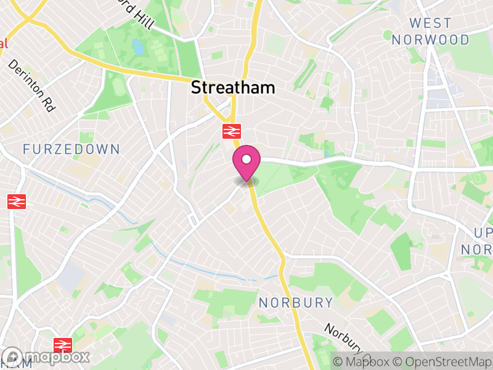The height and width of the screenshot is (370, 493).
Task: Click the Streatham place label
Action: point(233,88)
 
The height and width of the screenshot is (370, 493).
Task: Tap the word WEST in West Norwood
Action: point(430,23)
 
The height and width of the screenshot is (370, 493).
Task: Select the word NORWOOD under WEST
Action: point(430,40)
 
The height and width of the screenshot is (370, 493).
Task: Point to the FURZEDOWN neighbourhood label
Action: point(71,149)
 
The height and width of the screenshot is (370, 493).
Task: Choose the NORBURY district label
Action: point(296,303)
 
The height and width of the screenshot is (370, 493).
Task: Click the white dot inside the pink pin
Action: point(246,159)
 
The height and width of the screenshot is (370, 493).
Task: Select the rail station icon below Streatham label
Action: point(231,131)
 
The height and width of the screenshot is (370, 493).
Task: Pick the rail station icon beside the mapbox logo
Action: point(63,345)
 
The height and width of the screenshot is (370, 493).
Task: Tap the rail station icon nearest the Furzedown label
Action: point(16,201)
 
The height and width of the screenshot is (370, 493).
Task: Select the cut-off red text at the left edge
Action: point(4,44)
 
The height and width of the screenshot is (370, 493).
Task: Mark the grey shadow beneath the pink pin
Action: point(246,181)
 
